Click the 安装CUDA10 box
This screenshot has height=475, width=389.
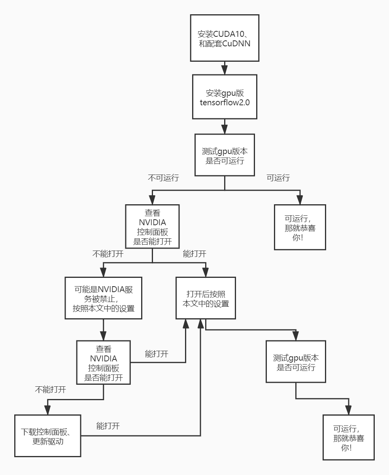point(225,38)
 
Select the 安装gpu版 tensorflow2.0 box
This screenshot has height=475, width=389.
point(225,97)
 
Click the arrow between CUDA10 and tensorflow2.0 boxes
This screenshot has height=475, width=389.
point(225,68)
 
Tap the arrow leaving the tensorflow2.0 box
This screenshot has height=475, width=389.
point(225,127)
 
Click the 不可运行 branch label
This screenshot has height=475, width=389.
point(163,178)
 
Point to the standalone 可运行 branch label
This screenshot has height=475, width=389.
point(278,178)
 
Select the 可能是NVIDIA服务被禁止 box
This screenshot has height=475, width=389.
point(104,298)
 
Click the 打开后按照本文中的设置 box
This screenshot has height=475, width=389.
point(206,298)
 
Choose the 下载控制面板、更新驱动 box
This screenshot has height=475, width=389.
point(48,435)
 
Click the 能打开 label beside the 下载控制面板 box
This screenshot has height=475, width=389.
point(108,426)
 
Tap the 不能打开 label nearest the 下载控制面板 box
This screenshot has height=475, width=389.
point(50,389)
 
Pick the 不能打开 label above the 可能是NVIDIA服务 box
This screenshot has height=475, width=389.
point(108,254)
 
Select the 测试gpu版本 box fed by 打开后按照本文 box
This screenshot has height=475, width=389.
point(296,362)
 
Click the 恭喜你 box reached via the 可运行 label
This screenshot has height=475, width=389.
point(300,227)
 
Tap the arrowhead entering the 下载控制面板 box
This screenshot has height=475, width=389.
point(48,410)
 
